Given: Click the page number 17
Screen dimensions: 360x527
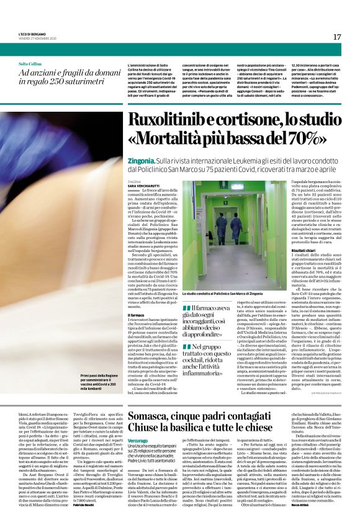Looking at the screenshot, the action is [336, 37].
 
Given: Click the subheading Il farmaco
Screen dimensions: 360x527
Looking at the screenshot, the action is [135, 315].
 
